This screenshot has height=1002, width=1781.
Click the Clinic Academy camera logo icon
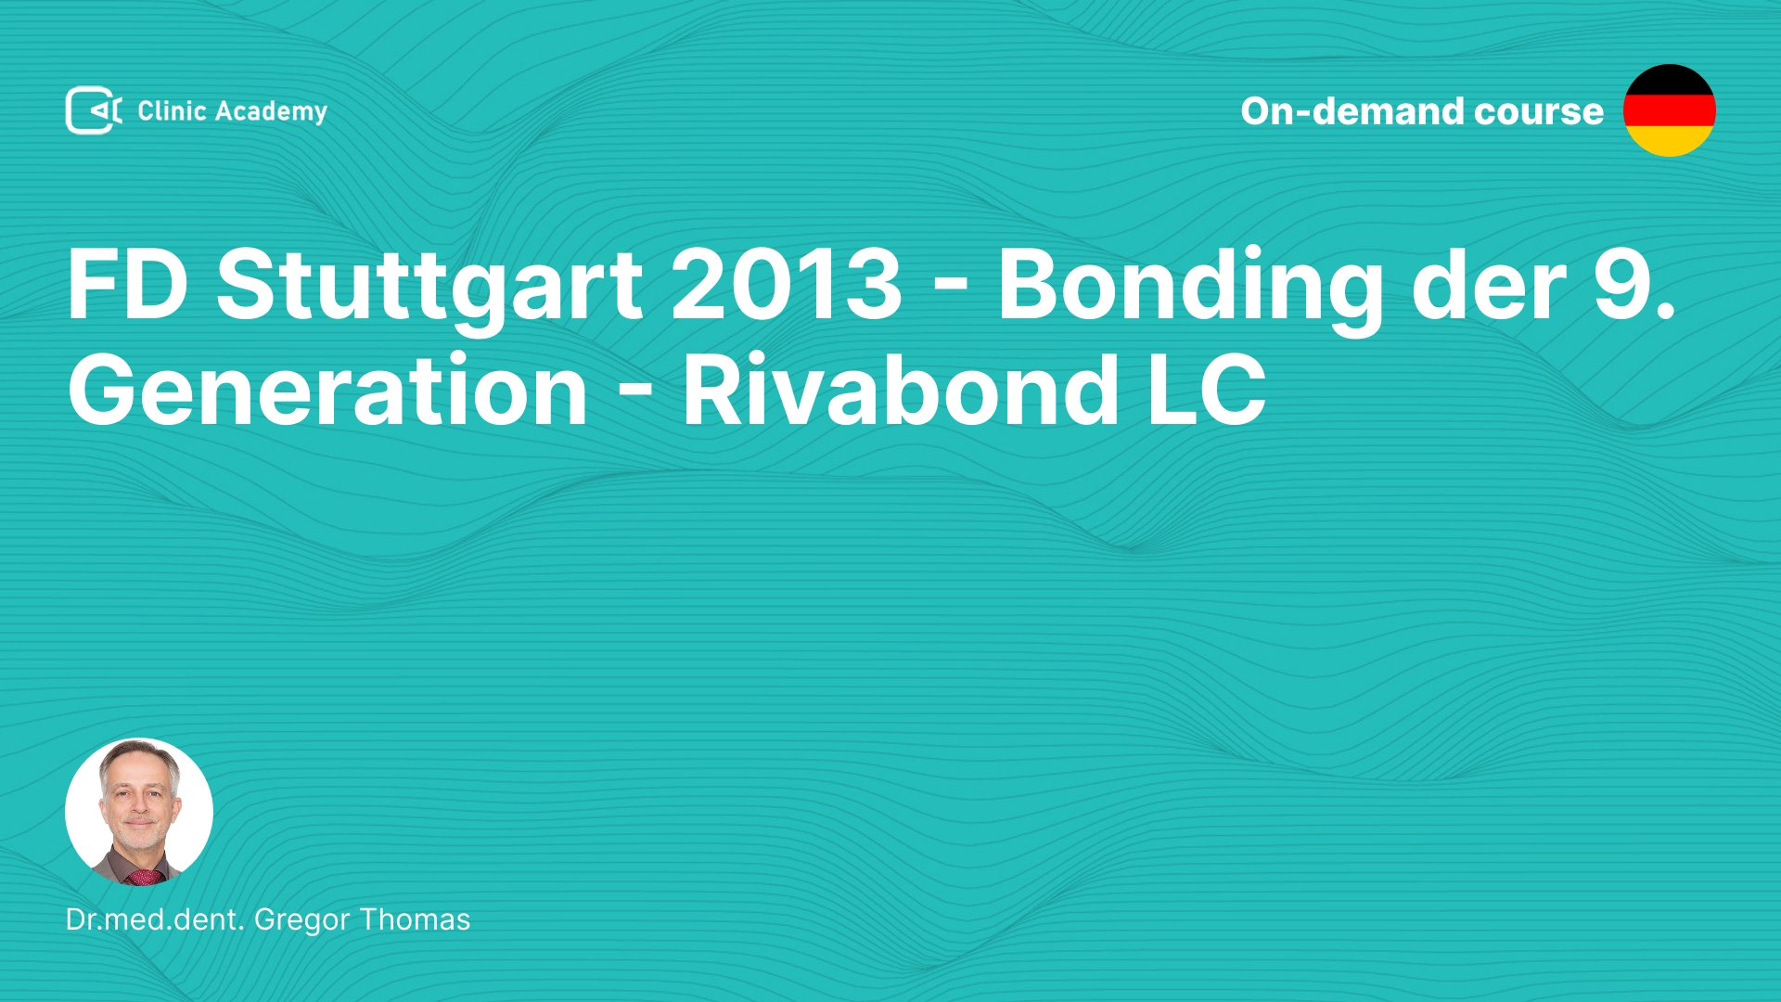pyautogui.click(x=94, y=110)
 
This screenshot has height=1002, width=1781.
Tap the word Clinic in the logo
pyautogui.click(x=172, y=110)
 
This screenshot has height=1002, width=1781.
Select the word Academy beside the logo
pyautogui.click(x=271, y=112)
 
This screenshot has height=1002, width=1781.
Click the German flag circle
pyautogui.click(x=1669, y=110)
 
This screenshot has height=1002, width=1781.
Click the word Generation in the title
pyautogui.click(x=327, y=390)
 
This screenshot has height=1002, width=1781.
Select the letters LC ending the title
pyautogui.click(x=1207, y=390)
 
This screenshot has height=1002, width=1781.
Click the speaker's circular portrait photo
pyautogui.click(x=139, y=812)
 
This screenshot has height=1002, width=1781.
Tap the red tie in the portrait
pyautogui.click(x=145, y=876)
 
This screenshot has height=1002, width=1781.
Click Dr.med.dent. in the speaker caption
pyautogui.click(x=155, y=919)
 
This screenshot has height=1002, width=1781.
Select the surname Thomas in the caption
pyautogui.click(x=415, y=919)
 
